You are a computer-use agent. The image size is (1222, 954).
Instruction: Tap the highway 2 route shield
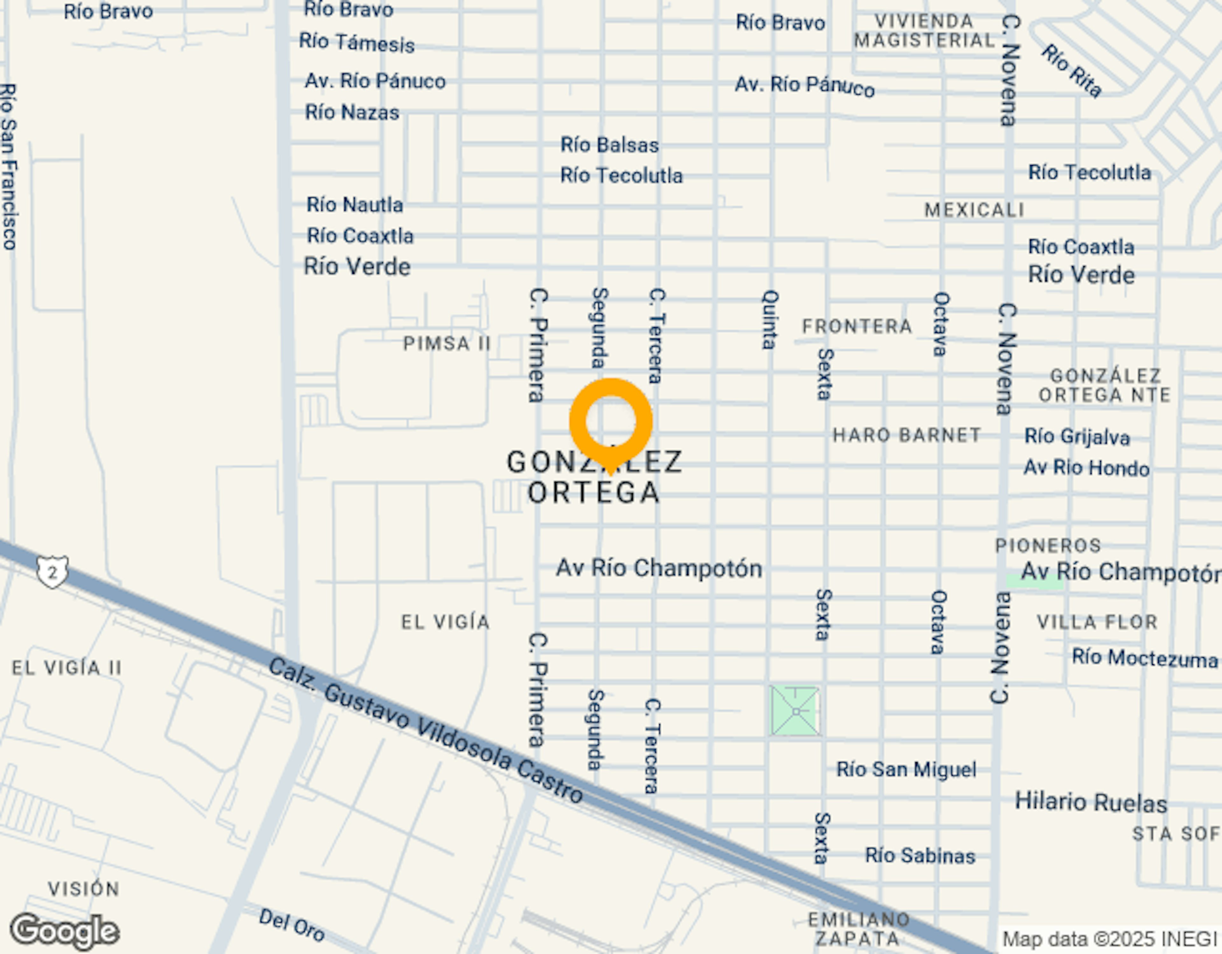coord(53,571)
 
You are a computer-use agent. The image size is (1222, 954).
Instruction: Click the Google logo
coord(65,932)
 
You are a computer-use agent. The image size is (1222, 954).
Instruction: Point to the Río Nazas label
coord(352,112)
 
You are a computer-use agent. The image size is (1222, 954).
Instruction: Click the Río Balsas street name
coord(609,145)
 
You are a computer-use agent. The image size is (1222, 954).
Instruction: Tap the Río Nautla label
coord(355,205)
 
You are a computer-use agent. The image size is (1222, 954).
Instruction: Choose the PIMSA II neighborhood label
coord(446,343)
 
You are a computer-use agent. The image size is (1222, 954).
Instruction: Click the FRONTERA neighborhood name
coord(857,326)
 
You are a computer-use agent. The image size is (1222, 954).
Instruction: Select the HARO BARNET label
coord(906,435)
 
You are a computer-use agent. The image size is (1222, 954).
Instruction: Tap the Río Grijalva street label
coord(1077,437)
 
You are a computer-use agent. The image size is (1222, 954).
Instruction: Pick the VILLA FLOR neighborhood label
coord(1097,622)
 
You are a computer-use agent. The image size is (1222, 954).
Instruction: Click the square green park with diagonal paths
coord(795,711)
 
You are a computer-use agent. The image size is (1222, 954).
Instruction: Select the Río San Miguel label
coord(906,770)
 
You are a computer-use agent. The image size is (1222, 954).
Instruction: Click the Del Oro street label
coord(291,925)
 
